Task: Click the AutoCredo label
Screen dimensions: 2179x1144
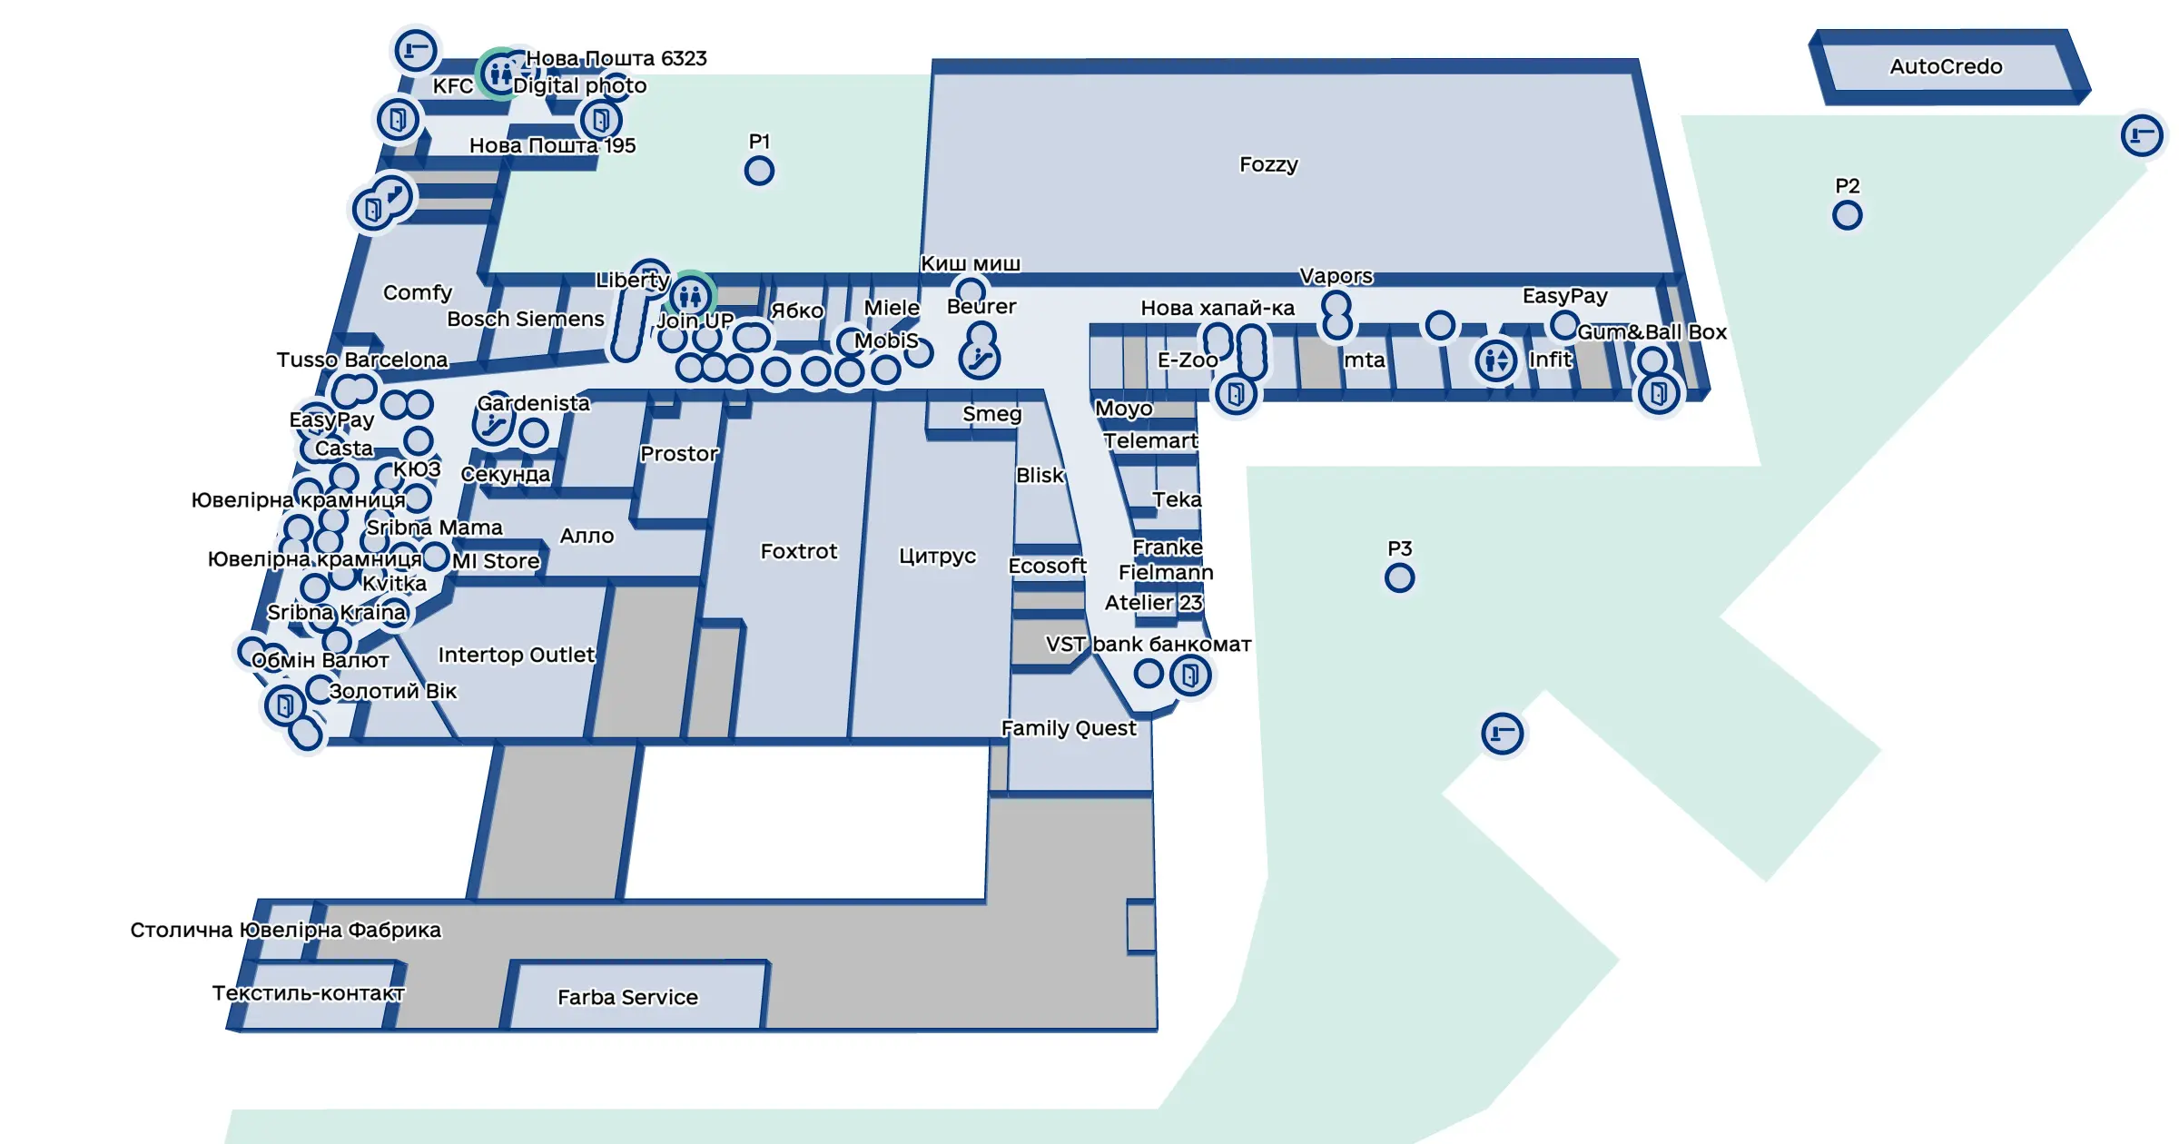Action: (1946, 66)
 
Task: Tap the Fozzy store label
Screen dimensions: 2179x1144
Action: (1268, 164)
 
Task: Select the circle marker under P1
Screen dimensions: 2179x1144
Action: (759, 171)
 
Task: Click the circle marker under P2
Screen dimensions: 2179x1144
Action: (1847, 215)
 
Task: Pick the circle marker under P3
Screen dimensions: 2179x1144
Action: (1399, 577)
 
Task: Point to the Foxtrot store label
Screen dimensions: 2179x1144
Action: (799, 551)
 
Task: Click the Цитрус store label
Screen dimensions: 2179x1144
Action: (937, 556)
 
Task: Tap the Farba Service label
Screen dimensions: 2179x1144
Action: (627, 997)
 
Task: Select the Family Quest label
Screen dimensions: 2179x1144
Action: (1069, 728)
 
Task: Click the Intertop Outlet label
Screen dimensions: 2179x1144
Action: (517, 655)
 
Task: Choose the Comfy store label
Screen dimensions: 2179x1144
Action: (417, 292)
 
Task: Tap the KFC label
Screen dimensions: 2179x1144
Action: (452, 85)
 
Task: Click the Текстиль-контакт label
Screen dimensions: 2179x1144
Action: (309, 992)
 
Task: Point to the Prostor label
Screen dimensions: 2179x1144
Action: (678, 453)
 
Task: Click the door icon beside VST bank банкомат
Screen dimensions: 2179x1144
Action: (1190, 675)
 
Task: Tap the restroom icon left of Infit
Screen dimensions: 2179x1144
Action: (1495, 360)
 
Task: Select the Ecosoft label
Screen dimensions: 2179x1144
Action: (1047, 566)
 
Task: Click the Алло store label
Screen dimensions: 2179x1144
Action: (587, 536)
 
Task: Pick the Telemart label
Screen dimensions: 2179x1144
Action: (1150, 440)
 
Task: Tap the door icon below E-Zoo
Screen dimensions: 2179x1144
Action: (1236, 394)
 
